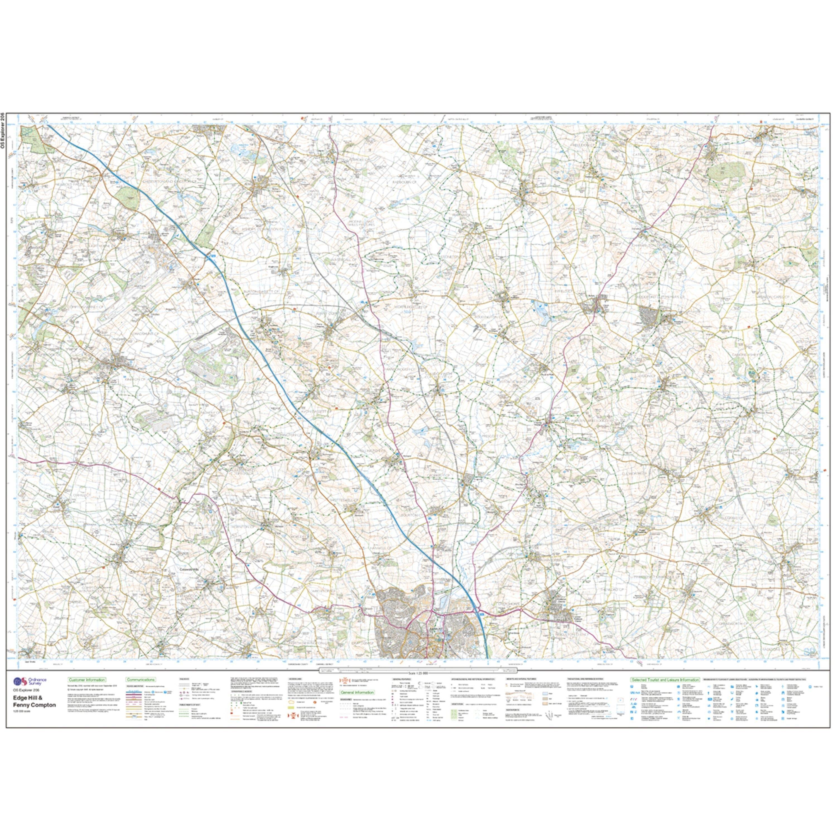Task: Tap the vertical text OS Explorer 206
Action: coord(3,130)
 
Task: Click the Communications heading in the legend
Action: coord(141,680)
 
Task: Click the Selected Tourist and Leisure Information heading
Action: coord(665,680)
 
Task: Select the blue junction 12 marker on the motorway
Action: coord(212,257)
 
